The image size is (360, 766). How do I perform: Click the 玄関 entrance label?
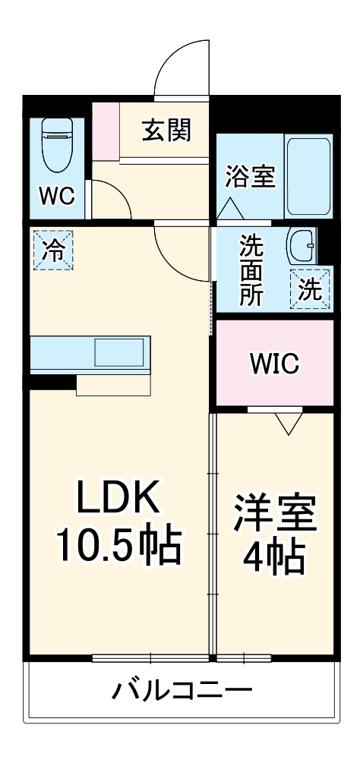166,131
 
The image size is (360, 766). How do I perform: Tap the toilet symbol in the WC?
57,146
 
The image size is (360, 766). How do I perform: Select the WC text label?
57,197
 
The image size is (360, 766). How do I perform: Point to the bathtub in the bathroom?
308,176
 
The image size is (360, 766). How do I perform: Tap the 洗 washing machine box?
310,289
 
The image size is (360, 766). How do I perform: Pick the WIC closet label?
274,364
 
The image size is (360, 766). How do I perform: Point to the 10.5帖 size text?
117,544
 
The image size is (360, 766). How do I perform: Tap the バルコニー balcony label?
182,691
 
